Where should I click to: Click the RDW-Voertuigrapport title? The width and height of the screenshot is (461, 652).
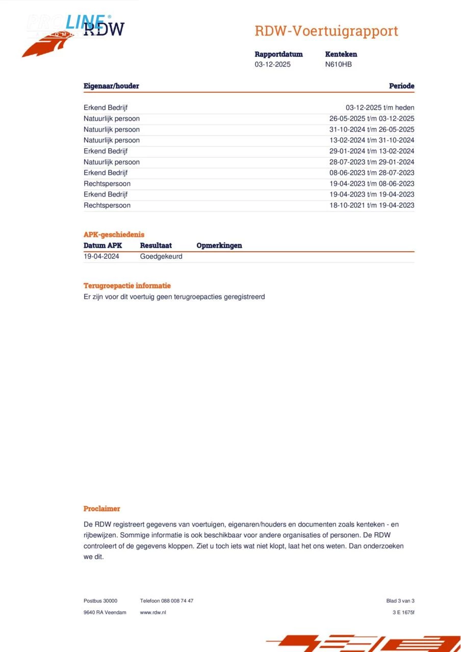[x=326, y=31]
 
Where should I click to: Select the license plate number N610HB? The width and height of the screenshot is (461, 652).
[x=338, y=65]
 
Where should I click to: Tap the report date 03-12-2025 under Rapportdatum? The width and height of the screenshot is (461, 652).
[x=273, y=65]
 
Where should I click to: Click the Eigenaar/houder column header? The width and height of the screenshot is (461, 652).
[x=111, y=86]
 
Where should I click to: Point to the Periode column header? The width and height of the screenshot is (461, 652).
[x=401, y=86]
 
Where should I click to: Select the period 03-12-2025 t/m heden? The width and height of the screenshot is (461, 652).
[x=380, y=108]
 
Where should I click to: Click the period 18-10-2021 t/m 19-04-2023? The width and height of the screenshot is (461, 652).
[x=372, y=206]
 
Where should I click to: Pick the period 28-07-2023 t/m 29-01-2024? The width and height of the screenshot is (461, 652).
[x=372, y=162]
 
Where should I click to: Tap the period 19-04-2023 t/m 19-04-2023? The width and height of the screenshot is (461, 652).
[x=372, y=195]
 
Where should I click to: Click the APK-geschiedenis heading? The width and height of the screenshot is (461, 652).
[x=114, y=235]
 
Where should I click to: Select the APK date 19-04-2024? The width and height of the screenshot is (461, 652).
[x=101, y=257]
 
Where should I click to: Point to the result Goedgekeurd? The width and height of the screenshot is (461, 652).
[x=161, y=257]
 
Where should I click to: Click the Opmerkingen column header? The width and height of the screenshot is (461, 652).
[x=219, y=246]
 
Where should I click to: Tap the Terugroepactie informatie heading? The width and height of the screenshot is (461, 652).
[x=127, y=286]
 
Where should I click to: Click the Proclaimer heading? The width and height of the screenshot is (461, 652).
[x=102, y=509]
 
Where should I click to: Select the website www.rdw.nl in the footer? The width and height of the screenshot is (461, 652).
[x=153, y=612]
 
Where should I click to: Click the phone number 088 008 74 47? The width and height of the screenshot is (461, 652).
[x=177, y=601]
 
